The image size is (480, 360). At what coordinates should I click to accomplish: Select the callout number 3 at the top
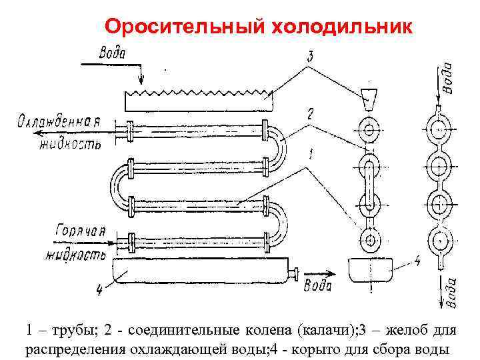(309, 58)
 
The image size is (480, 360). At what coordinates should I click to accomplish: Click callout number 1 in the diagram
(308, 155)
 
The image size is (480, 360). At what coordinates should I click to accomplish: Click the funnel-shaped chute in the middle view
(368, 99)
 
